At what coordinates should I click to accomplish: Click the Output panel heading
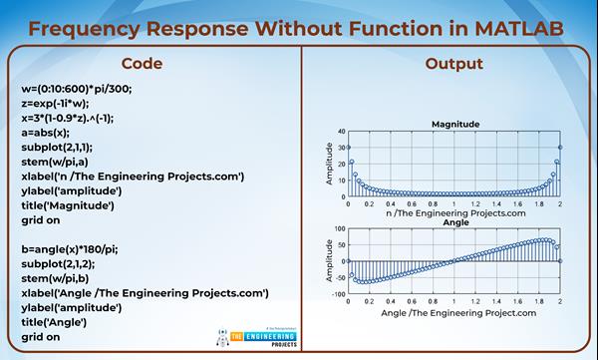point(453,64)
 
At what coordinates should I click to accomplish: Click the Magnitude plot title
point(454,124)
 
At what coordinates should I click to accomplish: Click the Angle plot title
point(454,222)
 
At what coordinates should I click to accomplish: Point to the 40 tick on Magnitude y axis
point(341,132)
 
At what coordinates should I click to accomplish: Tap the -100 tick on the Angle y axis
point(338,294)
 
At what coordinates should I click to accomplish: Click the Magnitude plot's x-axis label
point(454,212)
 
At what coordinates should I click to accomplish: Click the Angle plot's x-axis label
point(454,312)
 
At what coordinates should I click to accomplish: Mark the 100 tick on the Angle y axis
point(339,229)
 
